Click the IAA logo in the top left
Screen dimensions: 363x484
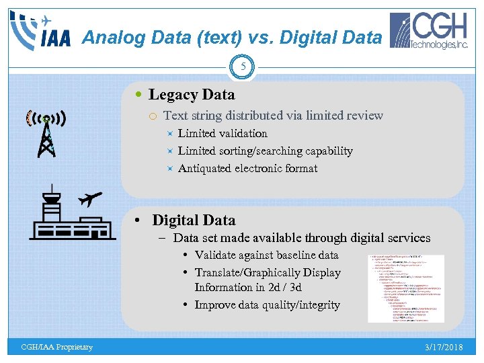[40, 31]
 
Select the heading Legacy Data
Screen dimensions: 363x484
[192, 95]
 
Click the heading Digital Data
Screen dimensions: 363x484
[194, 220]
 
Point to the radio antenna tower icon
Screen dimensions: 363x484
[46, 132]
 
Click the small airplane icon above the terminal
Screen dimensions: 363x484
[89, 199]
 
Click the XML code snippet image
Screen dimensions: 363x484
[406, 288]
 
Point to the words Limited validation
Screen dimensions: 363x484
[223, 134]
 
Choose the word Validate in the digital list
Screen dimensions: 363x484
[216, 255]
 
